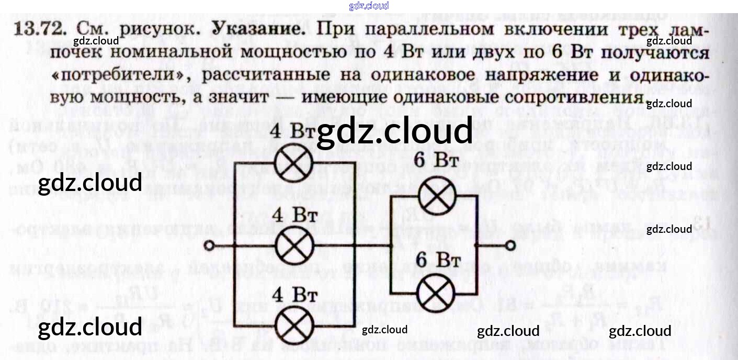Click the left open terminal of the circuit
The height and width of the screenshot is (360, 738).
click(209, 245)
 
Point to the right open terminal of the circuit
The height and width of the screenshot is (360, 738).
click(510, 245)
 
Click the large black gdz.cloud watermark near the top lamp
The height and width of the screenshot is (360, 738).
click(394, 132)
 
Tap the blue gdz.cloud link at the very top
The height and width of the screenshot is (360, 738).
click(369, 6)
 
